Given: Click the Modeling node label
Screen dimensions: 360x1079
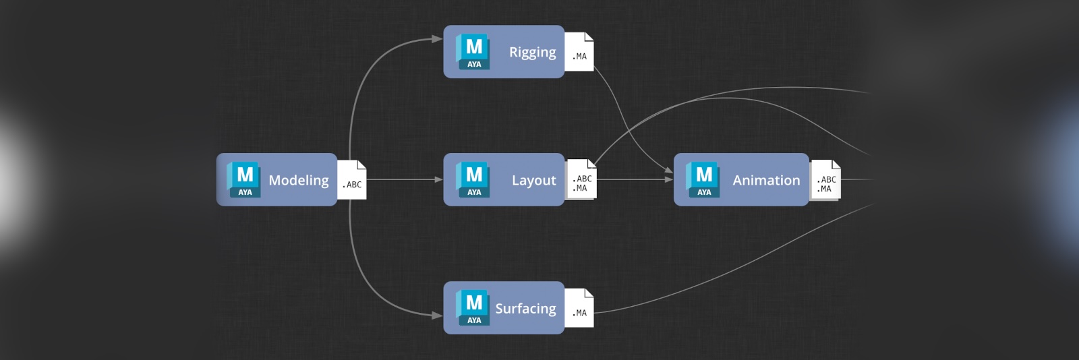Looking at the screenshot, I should pyautogui.click(x=299, y=180).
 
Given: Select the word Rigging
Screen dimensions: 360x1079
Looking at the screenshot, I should pyautogui.click(x=532, y=52).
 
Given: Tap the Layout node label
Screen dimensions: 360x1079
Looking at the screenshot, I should pyautogui.click(x=533, y=180).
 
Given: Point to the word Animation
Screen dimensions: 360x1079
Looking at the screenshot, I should pyautogui.click(x=766, y=180).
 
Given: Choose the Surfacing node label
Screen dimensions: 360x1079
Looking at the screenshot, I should pyautogui.click(x=525, y=308).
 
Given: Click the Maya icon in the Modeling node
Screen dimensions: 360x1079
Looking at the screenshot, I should pyautogui.click(x=244, y=179).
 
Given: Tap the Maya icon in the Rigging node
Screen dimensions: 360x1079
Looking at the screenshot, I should pyautogui.click(x=473, y=51).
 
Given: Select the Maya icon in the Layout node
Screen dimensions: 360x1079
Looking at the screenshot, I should pyautogui.click(x=473, y=179).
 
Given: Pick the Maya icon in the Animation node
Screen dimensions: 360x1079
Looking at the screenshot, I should pyautogui.click(x=703, y=179).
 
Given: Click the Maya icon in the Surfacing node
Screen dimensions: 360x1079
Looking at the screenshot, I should pyautogui.click(x=473, y=307).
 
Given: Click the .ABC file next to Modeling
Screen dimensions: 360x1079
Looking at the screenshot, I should pyautogui.click(x=352, y=180).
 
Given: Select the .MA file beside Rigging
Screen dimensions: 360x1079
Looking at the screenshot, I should pyautogui.click(x=579, y=52).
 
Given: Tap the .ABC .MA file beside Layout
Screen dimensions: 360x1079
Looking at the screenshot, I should pyautogui.click(x=581, y=180).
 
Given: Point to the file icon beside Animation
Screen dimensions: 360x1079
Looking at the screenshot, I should pyautogui.click(x=826, y=180).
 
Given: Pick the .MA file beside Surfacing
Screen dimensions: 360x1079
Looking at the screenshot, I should pyautogui.click(x=579, y=308).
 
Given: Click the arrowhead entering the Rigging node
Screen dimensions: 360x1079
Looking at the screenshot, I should pyautogui.click(x=438, y=39).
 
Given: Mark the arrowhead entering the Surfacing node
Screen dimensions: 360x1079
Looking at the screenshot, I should pyautogui.click(x=438, y=315).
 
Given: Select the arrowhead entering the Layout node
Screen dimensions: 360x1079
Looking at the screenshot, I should pyautogui.click(x=438, y=179).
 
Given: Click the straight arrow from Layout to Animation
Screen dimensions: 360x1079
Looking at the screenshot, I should pyautogui.click(x=634, y=179).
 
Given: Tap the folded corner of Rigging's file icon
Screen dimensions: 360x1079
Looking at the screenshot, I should pyautogui.click(x=589, y=36).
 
